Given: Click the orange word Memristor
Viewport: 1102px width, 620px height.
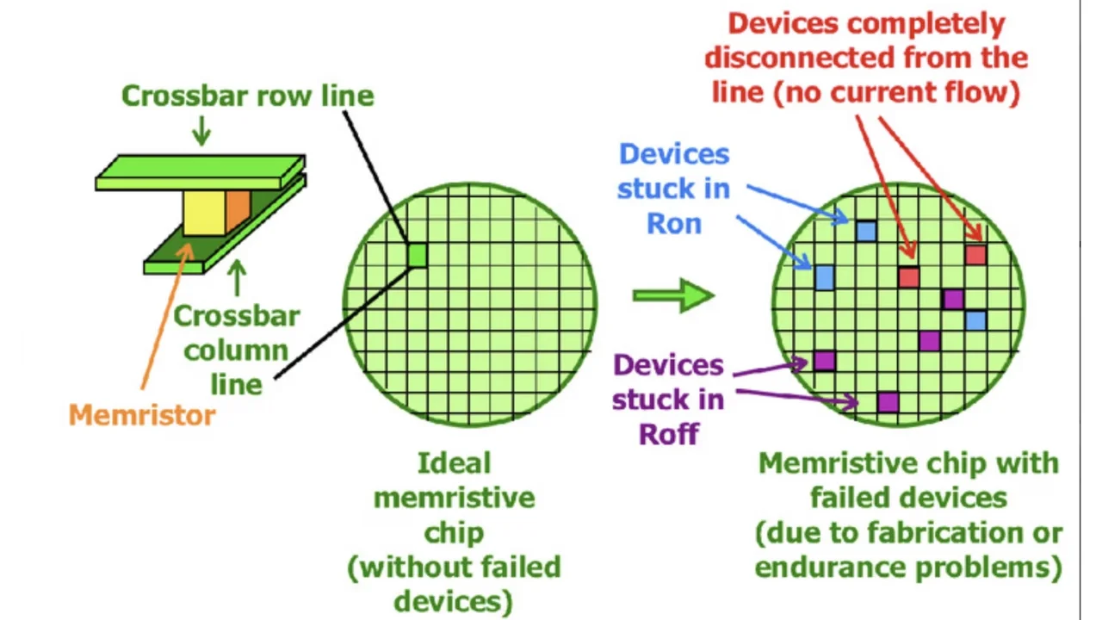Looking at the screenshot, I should (142, 415).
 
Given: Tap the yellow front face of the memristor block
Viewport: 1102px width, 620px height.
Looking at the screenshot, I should (204, 212).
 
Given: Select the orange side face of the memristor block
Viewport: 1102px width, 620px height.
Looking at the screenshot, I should (238, 210).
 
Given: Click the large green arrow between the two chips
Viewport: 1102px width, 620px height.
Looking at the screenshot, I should (672, 296).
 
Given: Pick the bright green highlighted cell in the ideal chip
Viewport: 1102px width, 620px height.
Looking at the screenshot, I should (417, 255).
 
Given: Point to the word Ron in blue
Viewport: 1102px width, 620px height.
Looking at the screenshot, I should (674, 224).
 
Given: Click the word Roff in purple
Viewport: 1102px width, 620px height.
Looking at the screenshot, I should (668, 433).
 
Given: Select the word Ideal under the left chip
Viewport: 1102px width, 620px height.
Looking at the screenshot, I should (454, 463).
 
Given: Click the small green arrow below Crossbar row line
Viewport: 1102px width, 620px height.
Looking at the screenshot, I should (201, 131).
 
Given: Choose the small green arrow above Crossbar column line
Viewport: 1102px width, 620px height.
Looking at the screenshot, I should (237, 278).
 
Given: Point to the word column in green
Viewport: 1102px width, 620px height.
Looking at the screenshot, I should (236, 350).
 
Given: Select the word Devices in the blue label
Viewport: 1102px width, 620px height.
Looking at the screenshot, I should (674, 155).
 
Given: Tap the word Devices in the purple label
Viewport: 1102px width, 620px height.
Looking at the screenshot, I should (668, 365).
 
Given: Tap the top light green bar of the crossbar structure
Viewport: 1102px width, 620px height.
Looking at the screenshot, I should (200, 170).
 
